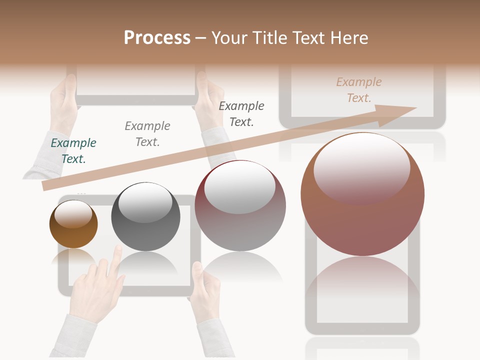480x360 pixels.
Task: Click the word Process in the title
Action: (157, 37)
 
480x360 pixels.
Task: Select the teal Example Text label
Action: (73, 150)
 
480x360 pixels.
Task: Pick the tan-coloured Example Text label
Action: (359, 90)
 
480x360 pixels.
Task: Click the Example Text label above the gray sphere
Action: (147, 133)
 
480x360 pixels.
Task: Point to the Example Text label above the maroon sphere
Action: (241, 113)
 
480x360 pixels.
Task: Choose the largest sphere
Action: (362, 220)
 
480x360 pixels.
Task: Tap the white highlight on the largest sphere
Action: (361, 167)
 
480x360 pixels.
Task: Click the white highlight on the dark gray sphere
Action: (145, 202)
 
